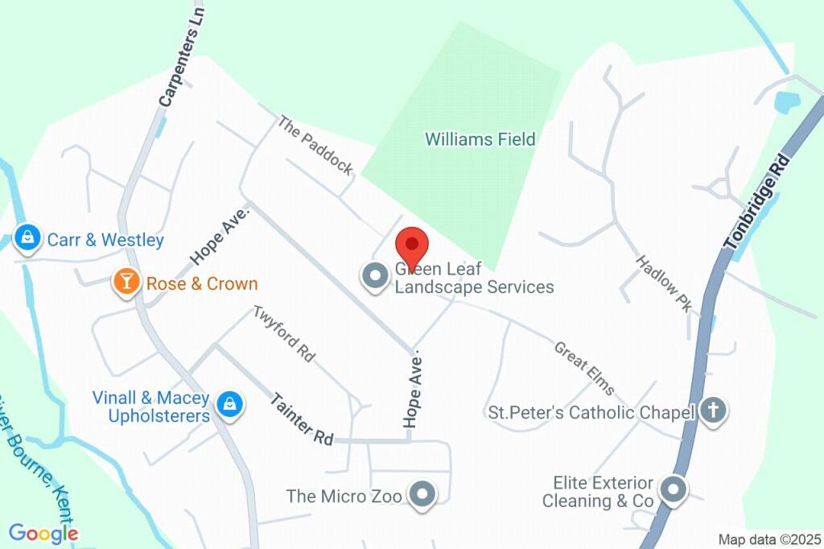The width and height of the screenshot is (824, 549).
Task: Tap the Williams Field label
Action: point(480,139)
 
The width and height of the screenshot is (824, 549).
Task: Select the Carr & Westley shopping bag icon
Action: point(28,238)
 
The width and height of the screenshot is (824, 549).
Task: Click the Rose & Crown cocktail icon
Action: point(126,283)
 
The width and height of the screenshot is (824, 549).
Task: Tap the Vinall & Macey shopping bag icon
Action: point(230,405)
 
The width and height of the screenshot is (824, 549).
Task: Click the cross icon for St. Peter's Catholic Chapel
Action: point(711,411)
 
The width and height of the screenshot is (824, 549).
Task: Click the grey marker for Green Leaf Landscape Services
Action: point(374,277)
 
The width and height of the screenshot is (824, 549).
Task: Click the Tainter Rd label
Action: point(301,419)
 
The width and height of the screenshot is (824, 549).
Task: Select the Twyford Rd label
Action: point(284,332)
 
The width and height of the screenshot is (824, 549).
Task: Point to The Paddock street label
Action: point(315,145)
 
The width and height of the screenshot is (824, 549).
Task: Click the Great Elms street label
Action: point(584,369)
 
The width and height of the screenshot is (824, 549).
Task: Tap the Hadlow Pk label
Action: point(664,283)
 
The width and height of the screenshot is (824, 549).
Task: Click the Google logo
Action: point(43,533)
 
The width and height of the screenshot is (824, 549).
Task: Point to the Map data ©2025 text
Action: point(769,539)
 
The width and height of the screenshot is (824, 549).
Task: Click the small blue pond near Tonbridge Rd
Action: point(785,102)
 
